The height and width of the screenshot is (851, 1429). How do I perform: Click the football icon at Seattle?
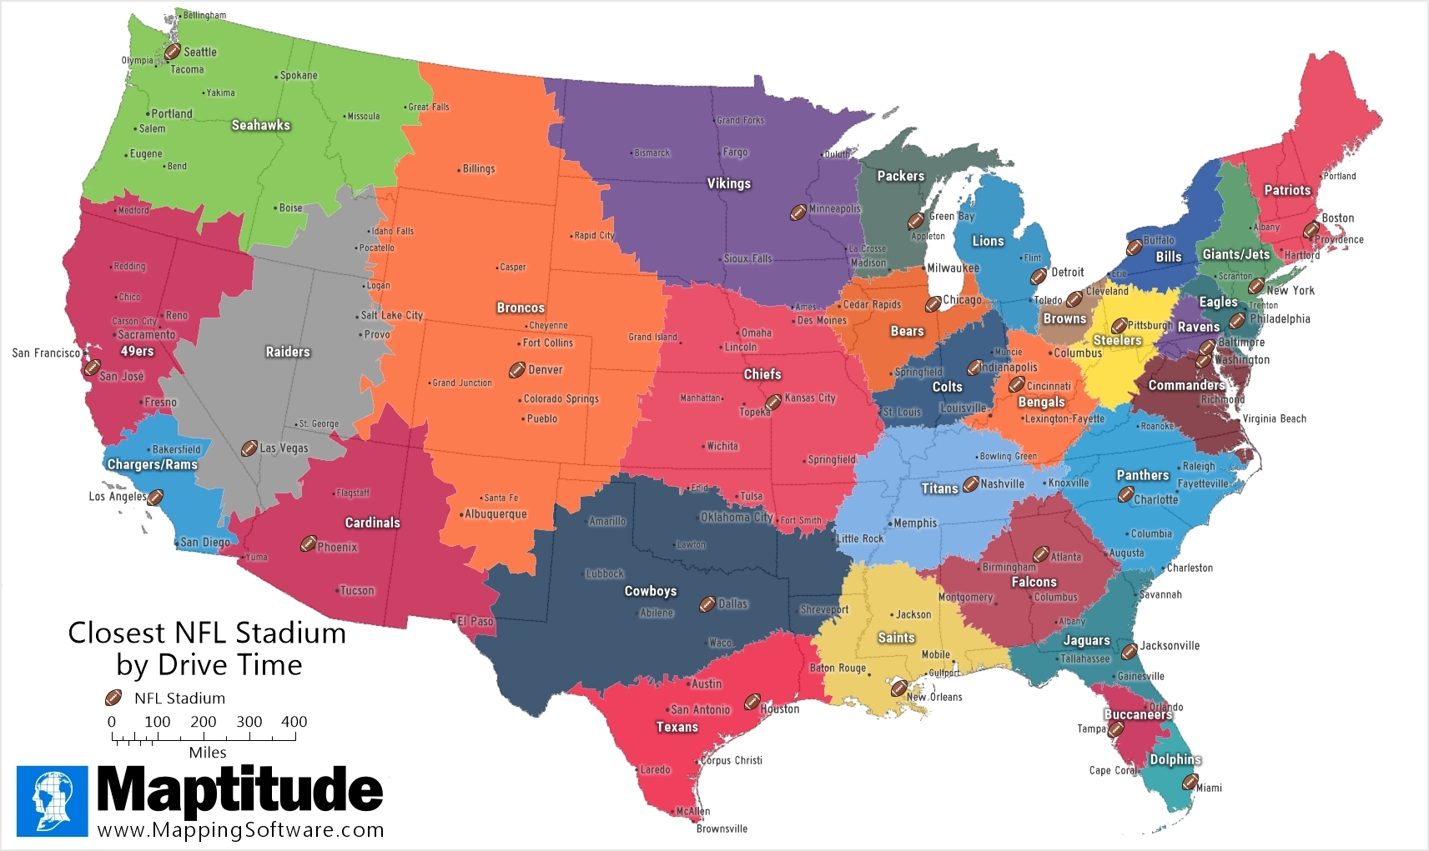172,52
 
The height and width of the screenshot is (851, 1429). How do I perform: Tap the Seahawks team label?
261,125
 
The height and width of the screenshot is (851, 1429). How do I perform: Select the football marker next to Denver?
517,369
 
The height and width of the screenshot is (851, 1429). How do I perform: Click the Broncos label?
521,308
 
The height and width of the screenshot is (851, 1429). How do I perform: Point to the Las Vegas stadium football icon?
249,448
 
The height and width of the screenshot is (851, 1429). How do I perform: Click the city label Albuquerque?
496,514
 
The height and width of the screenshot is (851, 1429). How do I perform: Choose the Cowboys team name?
651,591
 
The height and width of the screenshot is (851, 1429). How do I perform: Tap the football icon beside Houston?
752,702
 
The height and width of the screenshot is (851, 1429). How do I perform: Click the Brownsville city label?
722,828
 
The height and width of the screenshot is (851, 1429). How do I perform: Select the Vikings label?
729,183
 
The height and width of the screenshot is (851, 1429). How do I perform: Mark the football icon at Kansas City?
773,401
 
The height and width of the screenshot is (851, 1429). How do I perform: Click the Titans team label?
939,488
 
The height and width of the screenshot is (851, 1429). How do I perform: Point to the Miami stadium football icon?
1190,782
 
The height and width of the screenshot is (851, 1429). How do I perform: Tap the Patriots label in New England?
1287,190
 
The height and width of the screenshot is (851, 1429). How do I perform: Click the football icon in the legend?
113,698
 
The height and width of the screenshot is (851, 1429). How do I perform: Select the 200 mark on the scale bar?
203,722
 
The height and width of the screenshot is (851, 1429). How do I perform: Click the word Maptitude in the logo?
240,788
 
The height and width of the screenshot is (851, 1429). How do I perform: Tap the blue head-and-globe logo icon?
52,800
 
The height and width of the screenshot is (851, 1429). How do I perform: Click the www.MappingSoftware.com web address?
240,830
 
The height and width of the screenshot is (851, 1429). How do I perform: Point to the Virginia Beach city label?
1274,418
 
